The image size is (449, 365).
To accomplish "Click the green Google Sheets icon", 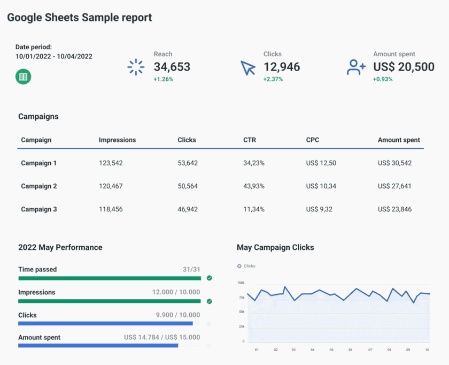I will pos(23,77).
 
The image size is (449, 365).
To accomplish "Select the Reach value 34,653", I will pos(172,67).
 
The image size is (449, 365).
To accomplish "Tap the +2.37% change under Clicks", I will pos(273,79).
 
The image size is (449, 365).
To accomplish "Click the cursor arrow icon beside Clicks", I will pos(248,68).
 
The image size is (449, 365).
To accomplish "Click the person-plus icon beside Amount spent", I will pos(356,67).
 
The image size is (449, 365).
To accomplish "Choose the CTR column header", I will pos(249,140).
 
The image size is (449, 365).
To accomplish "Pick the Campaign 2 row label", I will pos(39,186).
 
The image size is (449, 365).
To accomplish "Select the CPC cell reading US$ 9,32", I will pos(319,209).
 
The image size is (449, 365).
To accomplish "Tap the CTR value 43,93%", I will pos(254,186).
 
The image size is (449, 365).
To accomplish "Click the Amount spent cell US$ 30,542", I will pos(394,163).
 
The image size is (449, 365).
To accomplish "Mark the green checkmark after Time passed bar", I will pos(209,278).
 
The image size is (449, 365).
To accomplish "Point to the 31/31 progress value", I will pos(191,270).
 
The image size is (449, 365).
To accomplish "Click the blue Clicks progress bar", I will pos(105,323).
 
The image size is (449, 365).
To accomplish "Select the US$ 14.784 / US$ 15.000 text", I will pos(162,338).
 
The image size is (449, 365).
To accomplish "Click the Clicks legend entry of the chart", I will pos(246,266).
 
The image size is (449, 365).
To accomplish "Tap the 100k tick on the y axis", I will pos(241,283).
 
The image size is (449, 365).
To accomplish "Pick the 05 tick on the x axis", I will pos(331,350).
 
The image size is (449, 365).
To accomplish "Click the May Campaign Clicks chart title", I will pos(275,248).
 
